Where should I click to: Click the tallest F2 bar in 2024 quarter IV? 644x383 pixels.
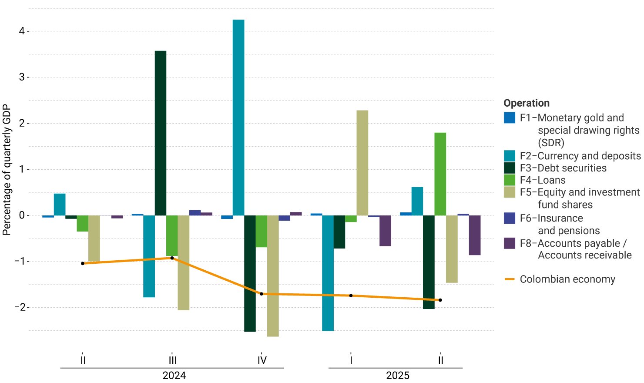pyautogui.click(x=238, y=118)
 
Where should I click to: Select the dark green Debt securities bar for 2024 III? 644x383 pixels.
pyautogui.click(x=161, y=133)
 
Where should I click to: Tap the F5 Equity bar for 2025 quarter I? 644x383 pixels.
pyautogui.click(x=362, y=163)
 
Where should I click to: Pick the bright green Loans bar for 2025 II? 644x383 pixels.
pyautogui.click(x=440, y=174)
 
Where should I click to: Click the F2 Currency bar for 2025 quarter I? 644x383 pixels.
pyautogui.click(x=328, y=273)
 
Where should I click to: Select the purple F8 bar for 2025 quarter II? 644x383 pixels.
pyautogui.click(x=474, y=235)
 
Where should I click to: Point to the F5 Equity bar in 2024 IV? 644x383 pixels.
pyautogui.click(x=273, y=276)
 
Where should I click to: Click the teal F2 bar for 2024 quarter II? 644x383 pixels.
pyautogui.click(x=60, y=205)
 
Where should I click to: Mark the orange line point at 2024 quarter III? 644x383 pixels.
pyautogui.click(x=172, y=258)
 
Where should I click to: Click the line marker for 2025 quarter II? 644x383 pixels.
pyautogui.click(x=440, y=300)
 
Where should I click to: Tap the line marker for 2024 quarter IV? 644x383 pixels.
pyautogui.click(x=262, y=294)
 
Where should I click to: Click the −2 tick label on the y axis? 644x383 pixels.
pyautogui.click(x=20, y=307)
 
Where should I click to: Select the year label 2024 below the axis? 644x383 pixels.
pyautogui.click(x=174, y=376)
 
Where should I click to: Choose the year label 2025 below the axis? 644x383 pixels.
pyautogui.click(x=398, y=376)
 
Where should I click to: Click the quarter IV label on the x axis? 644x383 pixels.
pyautogui.click(x=262, y=360)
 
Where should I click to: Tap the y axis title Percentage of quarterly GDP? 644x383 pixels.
pyautogui.click(x=7, y=170)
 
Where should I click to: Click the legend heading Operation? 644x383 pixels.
pyautogui.click(x=526, y=103)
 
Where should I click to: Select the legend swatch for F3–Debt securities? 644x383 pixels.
pyautogui.click(x=509, y=168)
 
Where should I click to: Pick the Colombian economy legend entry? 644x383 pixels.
pyautogui.click(x=567, y=279)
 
